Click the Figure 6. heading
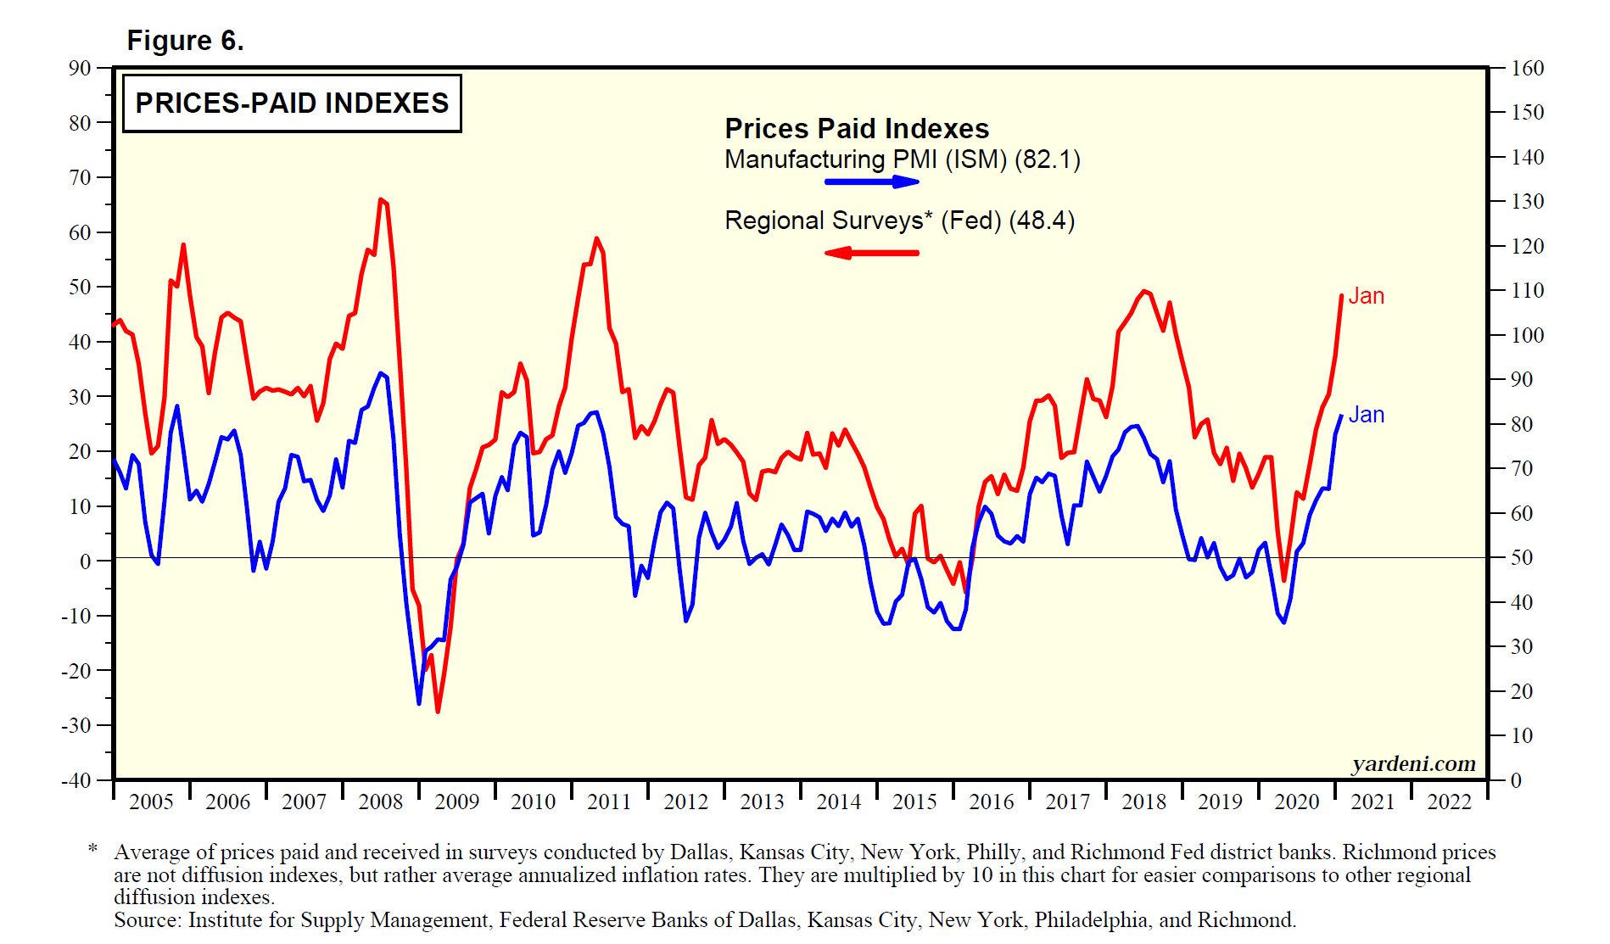(185, 40)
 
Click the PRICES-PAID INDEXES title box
(292, 103)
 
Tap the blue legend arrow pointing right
(872, 182)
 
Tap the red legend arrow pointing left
(872, 253)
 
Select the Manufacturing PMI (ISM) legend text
(902, 159)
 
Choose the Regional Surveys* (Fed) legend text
(899, 221)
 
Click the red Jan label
(1366, 296)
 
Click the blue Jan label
(1366, 415)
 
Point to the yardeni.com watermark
(1413, 763)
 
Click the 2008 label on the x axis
(380, 802)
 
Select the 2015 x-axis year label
(914, 802)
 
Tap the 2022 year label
(1449, 802)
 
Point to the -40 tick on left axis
(75, 780)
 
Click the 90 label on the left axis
(80, 68)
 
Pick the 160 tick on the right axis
(1527, 68)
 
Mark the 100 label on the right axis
(1527, 335)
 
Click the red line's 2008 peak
(380, 199)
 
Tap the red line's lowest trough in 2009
(438, 712)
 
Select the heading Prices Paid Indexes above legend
(857, 129)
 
